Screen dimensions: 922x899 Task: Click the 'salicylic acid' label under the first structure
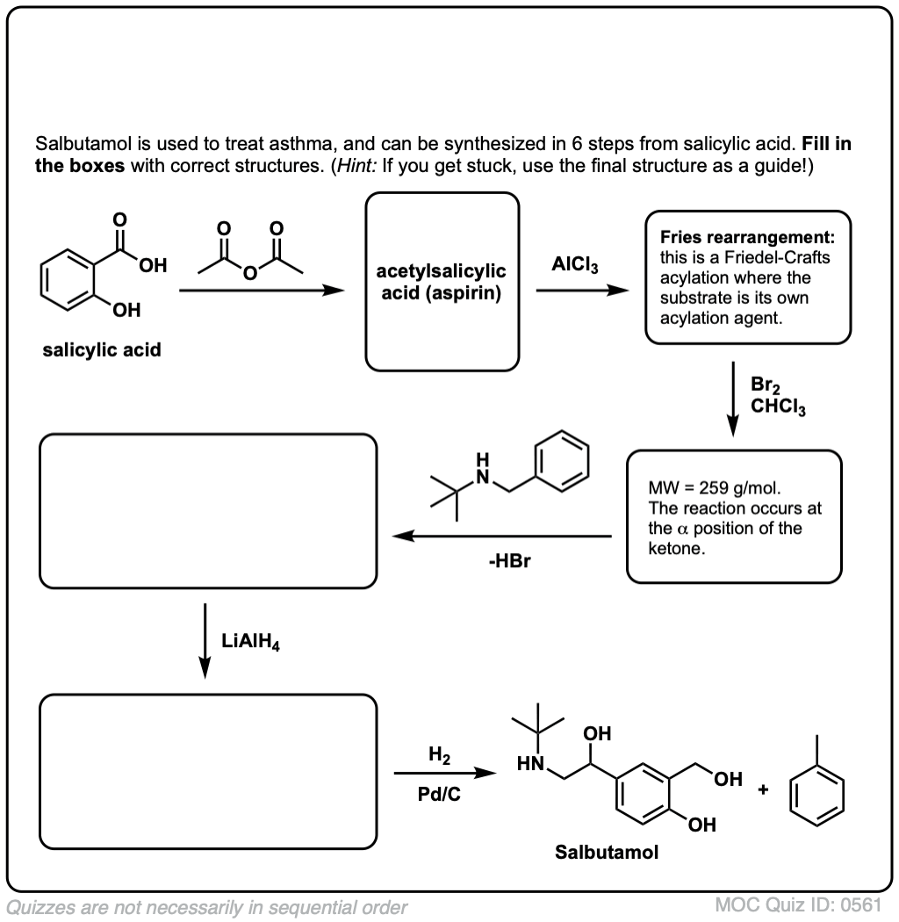[x=102, y=350]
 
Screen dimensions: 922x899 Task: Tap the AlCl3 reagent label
[x=575, y=265]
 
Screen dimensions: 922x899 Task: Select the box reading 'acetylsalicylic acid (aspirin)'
[x=442, y=282]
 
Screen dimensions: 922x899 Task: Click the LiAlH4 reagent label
[x=256, y=643]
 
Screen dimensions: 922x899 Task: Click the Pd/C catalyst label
[x=437, y=796]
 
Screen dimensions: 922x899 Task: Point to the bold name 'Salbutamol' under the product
[x=606, y=852]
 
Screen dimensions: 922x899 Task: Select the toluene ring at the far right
[x=818, y=795]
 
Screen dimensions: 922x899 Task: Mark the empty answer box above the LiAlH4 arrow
[x=209, y=511]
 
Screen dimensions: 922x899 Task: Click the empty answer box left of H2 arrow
[x=209, y=772]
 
